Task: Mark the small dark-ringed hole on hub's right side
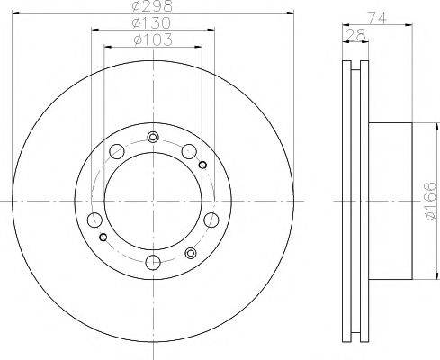pyautogui.click(x=203, y=165)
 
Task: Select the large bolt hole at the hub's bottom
pyautogui.click(x=152, y=262)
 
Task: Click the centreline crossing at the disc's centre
pyautogui.click(x=152, y=199)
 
